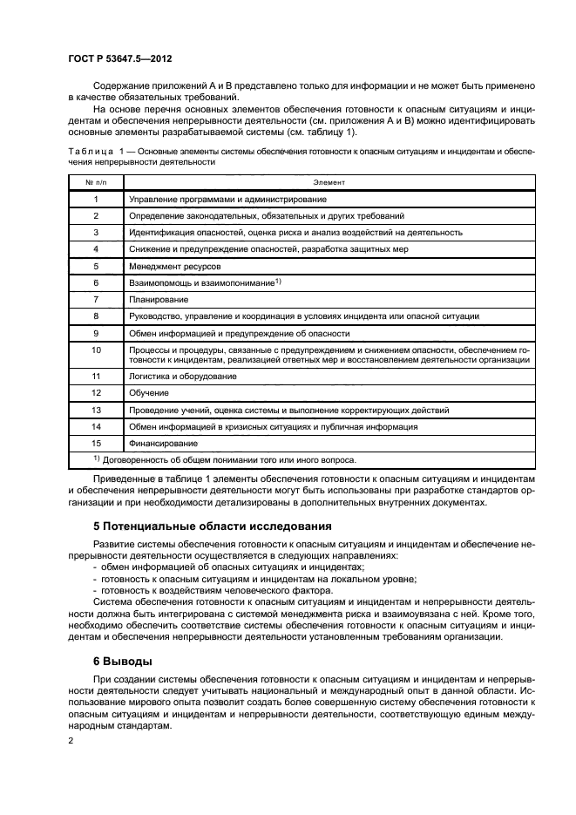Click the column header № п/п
96,182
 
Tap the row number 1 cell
96,200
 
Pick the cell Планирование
158,299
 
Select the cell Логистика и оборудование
182,376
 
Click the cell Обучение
150,393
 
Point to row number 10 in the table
96,350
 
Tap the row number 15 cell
96,444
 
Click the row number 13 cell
96,410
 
